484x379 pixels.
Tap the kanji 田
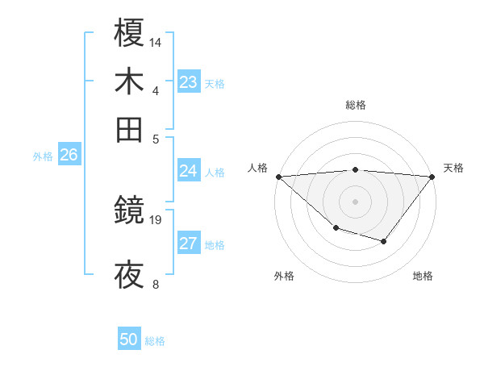point(130,130)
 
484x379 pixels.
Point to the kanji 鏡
point(130,212)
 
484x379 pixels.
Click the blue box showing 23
point(189,82)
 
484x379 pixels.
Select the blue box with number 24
point(189,171)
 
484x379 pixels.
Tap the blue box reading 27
point(189,244)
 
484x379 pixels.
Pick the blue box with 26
point(69,156)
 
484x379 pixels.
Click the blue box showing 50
point(129,339)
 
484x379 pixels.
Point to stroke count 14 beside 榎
point(156,41)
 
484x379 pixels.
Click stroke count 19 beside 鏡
point(156,219)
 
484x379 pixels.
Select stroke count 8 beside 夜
point(156,283)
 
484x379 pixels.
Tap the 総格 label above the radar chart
point(356,105)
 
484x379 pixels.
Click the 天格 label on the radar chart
point(453,168)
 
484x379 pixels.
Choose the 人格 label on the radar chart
point(258,168)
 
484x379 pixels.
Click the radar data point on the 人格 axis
point(278,177)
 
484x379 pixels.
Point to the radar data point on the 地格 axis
point(384,241)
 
